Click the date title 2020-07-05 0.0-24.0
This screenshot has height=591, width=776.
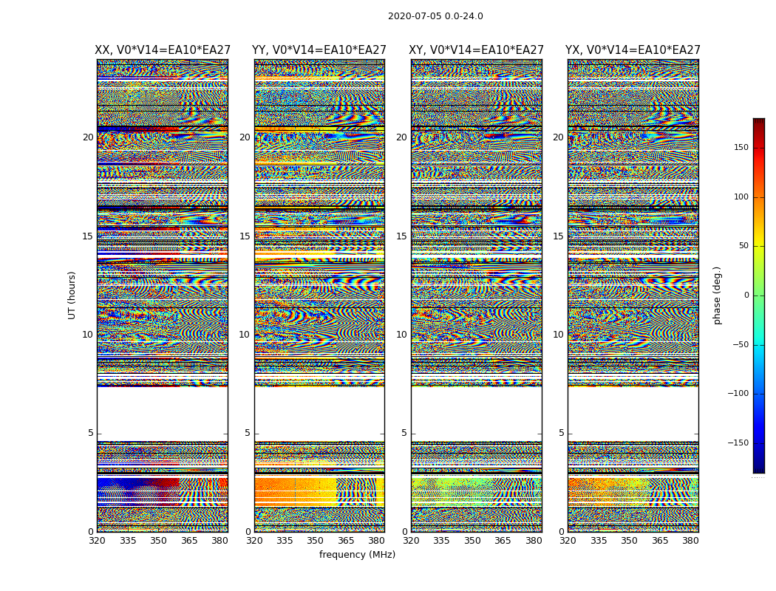(435, 16)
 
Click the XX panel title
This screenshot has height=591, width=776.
(163, 50)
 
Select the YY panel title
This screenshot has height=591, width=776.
(319, 50)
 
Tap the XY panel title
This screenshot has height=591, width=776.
(477, 50)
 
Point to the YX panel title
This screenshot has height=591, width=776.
(633, 50)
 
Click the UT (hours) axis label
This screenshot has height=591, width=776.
(72, 295)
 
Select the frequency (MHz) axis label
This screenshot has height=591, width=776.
(357, 555)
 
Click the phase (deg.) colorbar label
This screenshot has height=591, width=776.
(717, 295)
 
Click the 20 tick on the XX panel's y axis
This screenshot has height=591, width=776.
(88, 137)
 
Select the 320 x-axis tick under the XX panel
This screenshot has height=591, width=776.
(97, 541)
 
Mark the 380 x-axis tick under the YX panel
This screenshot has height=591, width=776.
(690, 541)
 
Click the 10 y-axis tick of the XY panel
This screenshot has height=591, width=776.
(401, 335)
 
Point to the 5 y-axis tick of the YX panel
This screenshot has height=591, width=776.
(561, 434)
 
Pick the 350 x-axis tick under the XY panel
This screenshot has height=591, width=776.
(472, 541)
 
